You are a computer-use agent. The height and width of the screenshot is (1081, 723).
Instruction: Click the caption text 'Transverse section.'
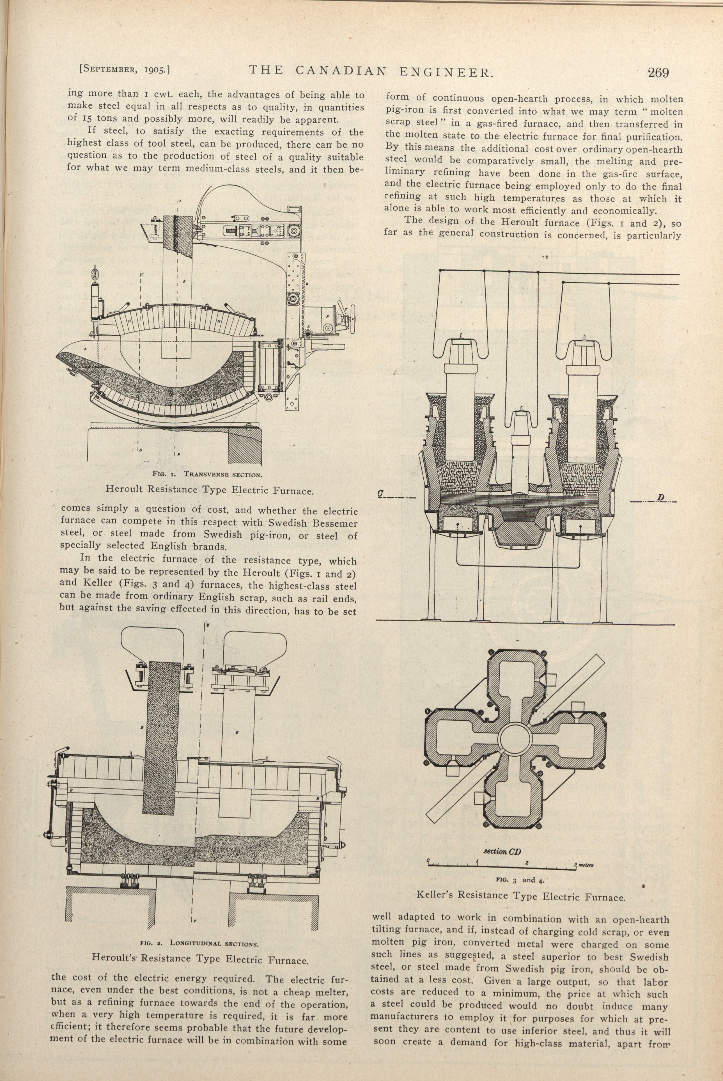[223, 474]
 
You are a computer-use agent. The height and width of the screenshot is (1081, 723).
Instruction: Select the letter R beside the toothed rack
[307, 284]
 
